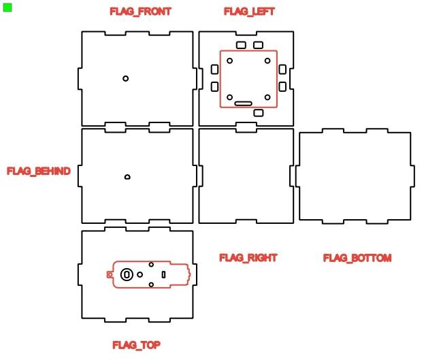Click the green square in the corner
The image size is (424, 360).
pos(7,7)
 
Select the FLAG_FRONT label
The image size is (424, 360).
pos(140,12)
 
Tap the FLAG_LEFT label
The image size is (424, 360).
pos(249,12)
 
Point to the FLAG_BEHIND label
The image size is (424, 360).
pos(39,171)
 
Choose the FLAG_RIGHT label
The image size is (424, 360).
pos(248,258)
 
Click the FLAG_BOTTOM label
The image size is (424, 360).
pos(357,258)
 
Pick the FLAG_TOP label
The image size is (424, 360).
pos(137,345)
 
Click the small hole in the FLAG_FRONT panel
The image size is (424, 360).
pos(126,78)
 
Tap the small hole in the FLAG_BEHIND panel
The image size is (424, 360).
pos(127,177)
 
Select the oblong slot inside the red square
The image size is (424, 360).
pos(244,103)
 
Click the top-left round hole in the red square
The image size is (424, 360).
pos(230,61)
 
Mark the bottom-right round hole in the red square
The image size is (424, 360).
pos(267,97)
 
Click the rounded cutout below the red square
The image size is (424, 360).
pos(258,112)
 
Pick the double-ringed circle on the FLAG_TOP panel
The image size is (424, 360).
pos(127,274)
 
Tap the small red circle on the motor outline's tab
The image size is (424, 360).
pos(110,274)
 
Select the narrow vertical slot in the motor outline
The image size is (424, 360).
pos(164,274)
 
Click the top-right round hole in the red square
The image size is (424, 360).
pos(267,61)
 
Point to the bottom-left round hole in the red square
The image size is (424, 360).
pos(230,97)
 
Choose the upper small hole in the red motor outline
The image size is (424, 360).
pos(151,265)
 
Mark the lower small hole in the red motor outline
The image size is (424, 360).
pos(151,284)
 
